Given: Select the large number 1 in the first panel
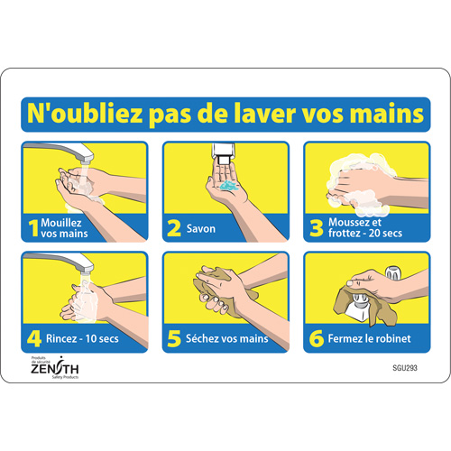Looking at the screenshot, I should tap(33, 228).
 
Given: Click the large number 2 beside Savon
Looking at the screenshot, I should tap(175, 228).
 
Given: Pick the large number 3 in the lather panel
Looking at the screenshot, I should tap(317, 228).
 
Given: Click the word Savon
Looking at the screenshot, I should tap(202, 229).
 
